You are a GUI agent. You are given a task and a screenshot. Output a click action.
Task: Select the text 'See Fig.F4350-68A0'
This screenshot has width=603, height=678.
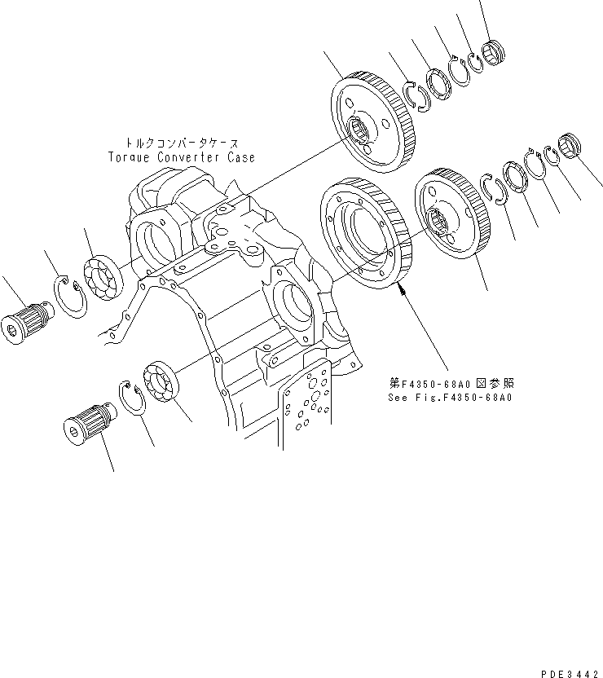point(449,398)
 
